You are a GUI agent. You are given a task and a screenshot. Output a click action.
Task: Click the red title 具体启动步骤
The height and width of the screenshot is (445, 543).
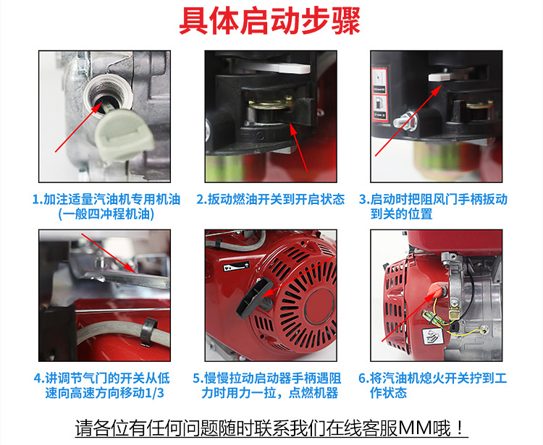click(x=270, y=22)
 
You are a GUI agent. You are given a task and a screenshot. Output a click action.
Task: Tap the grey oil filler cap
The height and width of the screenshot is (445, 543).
click(x=125, y=135)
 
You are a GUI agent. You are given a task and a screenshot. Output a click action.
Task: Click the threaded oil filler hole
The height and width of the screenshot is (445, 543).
click(x=108, y=93)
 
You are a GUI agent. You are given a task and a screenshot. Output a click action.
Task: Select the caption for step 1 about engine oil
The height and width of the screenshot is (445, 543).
click(x=106, y=207)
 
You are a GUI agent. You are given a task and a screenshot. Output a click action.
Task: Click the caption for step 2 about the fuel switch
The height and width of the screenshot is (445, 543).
click(x=271, y=199)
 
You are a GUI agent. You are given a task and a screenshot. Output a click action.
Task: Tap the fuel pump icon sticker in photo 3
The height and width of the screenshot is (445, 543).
click(x=379, y=106)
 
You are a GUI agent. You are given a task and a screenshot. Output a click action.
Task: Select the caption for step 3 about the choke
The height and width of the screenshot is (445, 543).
click(x=433, y=207)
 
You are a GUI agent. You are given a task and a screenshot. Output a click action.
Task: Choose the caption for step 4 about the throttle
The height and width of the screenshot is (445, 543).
click(x=102, y=386)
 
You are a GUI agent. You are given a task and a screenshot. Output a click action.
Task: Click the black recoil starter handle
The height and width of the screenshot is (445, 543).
click(x=254, y=297)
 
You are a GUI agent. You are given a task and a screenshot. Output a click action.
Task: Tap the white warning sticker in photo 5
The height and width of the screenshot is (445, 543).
click(x=236, y=266)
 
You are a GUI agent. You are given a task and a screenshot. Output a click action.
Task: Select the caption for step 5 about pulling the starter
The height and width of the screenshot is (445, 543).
click(x=267, y=386)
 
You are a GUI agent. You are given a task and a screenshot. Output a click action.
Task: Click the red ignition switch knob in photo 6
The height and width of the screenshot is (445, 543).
click(x=434, y=292)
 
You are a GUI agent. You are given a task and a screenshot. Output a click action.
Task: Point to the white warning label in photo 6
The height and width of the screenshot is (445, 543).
click(x=433, y=336)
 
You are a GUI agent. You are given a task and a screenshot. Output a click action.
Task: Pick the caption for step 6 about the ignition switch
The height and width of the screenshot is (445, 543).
click(x=432, y=386)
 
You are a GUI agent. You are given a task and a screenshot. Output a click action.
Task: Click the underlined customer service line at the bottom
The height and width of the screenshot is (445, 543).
click(x=271, y=429)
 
